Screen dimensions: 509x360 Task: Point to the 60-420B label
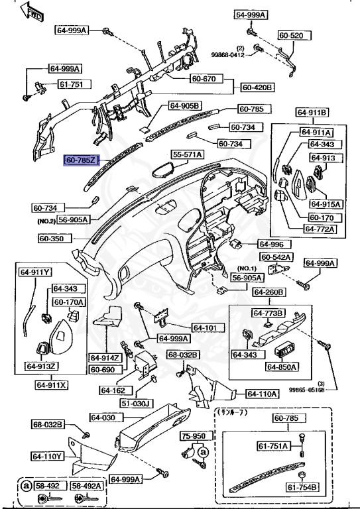257,87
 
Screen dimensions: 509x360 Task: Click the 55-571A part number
188,154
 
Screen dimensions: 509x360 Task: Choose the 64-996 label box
270,243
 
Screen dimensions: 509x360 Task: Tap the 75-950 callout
195,437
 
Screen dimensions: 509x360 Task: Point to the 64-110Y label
46,456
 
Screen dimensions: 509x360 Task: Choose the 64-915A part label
320,204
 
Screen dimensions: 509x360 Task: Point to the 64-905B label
184,105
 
